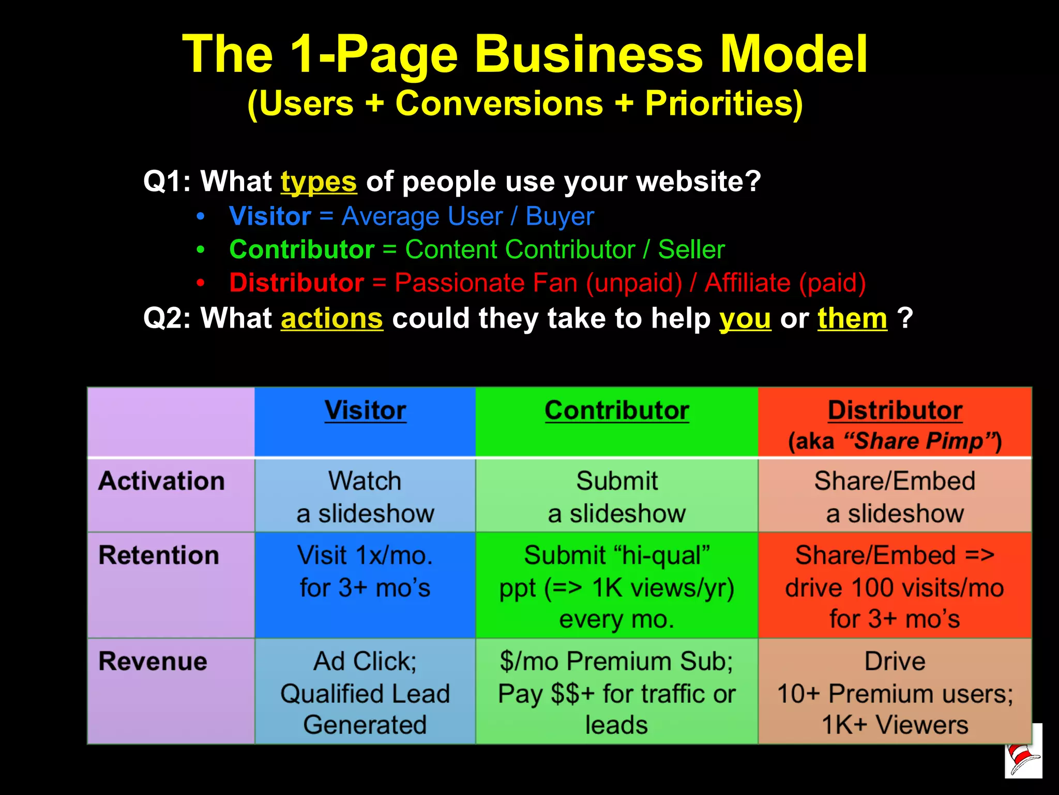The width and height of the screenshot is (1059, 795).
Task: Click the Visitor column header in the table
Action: tap(365, 411)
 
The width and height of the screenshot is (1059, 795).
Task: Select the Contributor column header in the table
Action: tap(616, 411)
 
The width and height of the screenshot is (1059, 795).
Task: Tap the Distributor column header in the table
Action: tap(895, 411)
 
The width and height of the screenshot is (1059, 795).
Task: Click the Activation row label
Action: tap(161, 481)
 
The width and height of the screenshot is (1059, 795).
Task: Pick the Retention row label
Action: tap(159, 555)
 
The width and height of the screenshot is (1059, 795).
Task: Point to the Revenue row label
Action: tap(153, 661)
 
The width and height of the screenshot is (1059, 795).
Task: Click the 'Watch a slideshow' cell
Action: tap(365, 497)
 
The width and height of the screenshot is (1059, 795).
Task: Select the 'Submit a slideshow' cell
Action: tap(616, 497)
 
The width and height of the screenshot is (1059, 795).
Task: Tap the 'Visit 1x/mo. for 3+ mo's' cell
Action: tap(365, 572)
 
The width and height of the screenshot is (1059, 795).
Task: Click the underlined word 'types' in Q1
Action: tap(319, 182)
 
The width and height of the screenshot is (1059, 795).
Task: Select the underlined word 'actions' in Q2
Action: tap(331, 318)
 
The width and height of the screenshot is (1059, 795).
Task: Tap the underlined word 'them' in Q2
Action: tap(852, 318)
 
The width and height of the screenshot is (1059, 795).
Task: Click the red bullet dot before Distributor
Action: tap(201, 283)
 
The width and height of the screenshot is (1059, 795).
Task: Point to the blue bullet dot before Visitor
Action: tap(201, 216)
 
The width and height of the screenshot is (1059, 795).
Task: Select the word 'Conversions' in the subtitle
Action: tap(499, 104)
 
